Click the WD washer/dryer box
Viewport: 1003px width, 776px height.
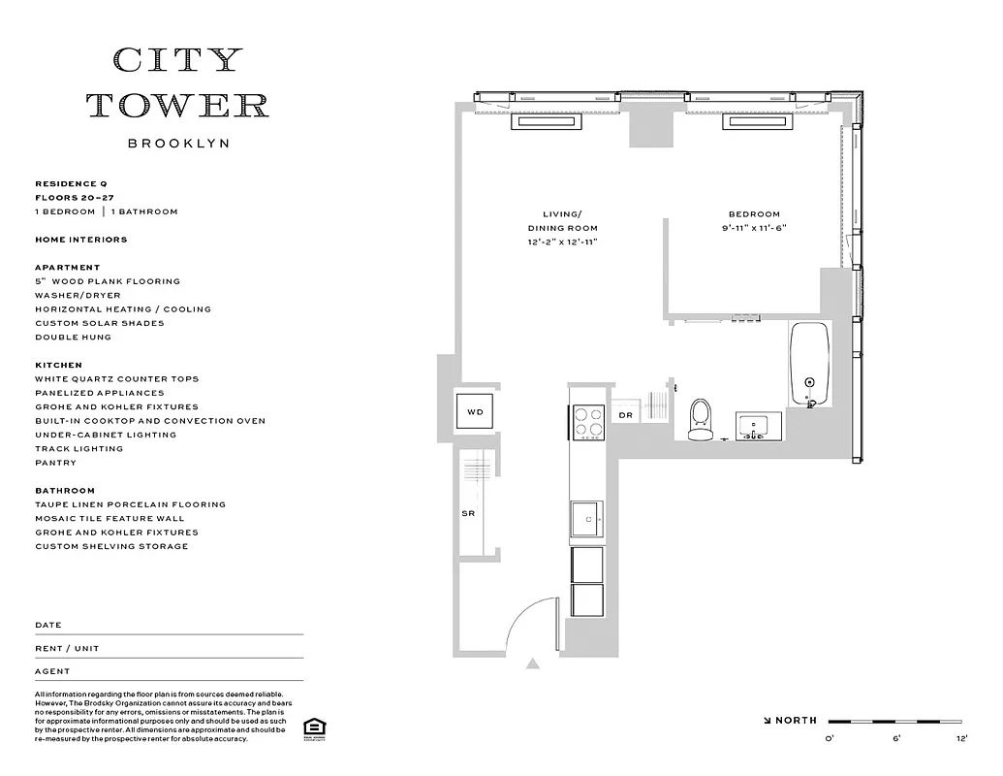tap(475, 412)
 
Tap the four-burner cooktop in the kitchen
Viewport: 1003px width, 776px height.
tap(587, 422)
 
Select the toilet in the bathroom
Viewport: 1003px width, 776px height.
tap(700, 420)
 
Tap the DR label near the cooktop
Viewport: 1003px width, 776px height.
tap(625, 415)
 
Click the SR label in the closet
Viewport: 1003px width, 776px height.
tap(467, 514)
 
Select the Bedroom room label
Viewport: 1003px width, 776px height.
tap(754, 214)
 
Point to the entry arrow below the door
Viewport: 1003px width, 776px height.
tap(532, 664)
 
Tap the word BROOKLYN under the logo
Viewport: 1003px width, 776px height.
tap(178, 144)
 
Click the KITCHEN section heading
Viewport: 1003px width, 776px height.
tap(58, 366)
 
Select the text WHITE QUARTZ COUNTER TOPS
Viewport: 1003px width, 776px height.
tap(116, 379)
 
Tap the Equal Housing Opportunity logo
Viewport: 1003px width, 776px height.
tap(313, 728)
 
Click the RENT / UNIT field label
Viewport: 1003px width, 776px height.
tap(67, 648)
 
